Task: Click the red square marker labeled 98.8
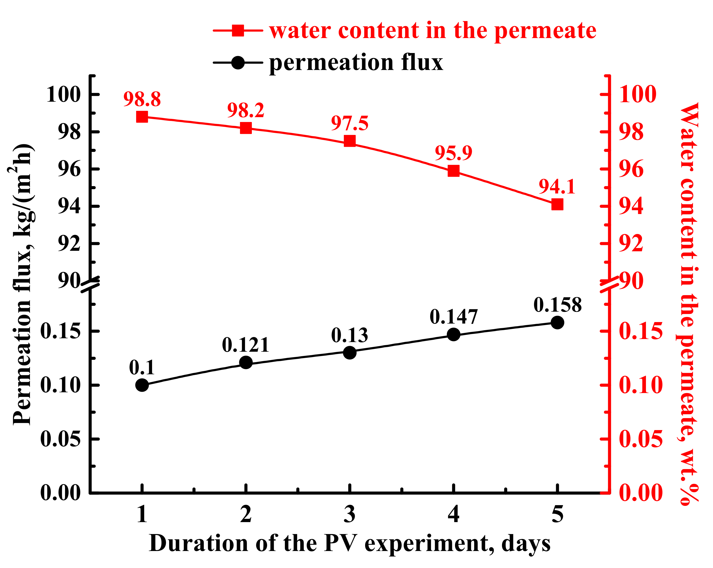pyautogui.click(x=142, y=117)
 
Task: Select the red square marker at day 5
pyautogui.click(x=557, y=204)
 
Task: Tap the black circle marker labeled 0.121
pyautogui.click(x=246, y=363)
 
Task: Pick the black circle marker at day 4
pyautogui.click(x=453, y=334)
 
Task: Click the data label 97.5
pyautogui.click(x=350, y=123)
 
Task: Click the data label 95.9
pyautogui.click(x=453, y=153)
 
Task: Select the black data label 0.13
pyautogui.click(x=350, y=335)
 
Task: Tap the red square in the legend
pyautogui.click(x=238, y=30)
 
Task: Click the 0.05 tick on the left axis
pyautogui.click(x=60, y=439)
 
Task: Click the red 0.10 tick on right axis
pyautogui.click(x=641, y=385)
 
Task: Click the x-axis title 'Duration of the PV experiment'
pyautogui.click(x=350, y=543)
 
